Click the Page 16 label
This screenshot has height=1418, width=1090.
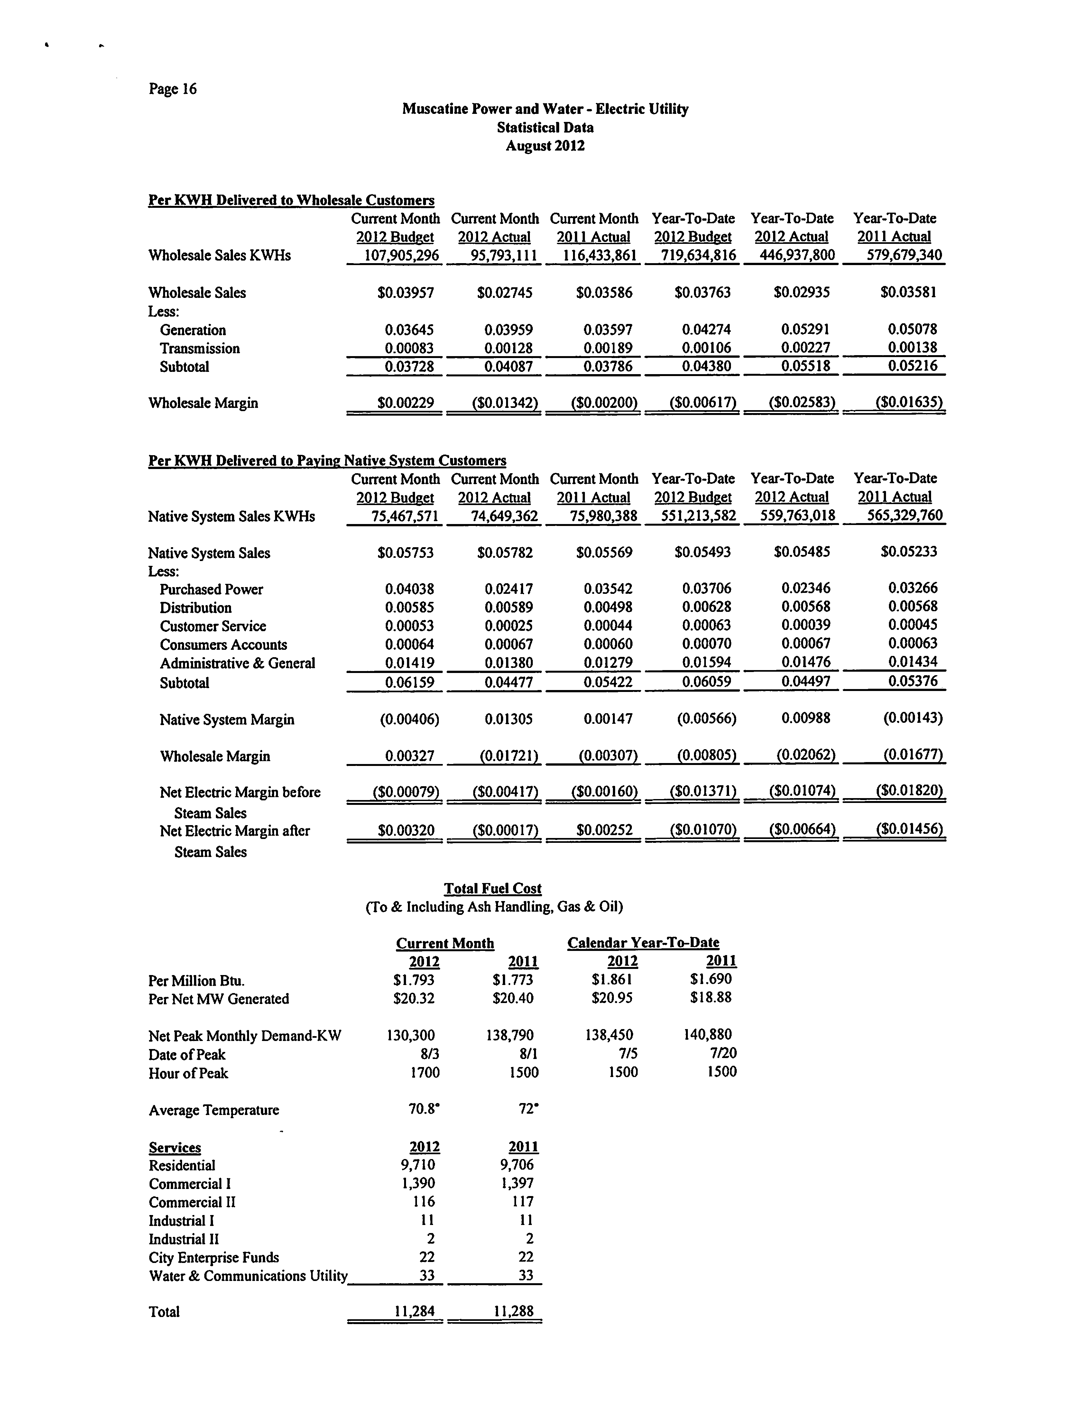(x=172, y=89)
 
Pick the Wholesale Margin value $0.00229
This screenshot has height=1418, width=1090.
(x=405, y=403)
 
